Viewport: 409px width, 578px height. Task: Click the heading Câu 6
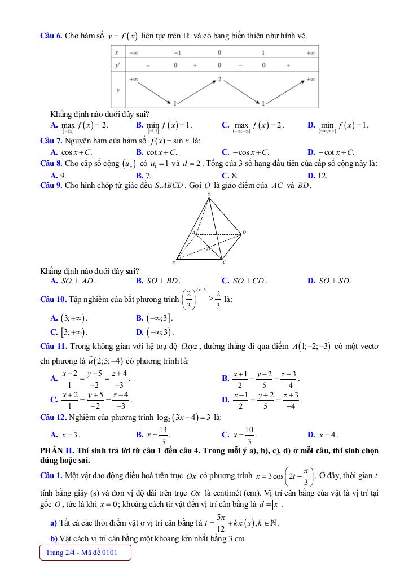click(x=51, y=36)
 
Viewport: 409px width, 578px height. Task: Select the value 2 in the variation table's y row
click(x=220, y=78)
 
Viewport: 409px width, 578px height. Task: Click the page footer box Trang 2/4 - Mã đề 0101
click(x=86, y=552)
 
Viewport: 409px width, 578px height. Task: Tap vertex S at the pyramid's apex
click(x=208, y=194)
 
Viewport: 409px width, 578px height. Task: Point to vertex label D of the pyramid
click(x=244, y=232)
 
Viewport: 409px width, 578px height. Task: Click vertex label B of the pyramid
click(x=173, y=262)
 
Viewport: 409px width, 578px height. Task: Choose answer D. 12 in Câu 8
click(x=317, y=176)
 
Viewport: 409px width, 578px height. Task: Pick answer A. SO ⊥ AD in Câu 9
click(x=73, y=280)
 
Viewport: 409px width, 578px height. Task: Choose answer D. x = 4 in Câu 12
click(x=323, y=435)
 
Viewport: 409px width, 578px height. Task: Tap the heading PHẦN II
click(x=58, y=450)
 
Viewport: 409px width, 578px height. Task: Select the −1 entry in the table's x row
click(x=177, y=52)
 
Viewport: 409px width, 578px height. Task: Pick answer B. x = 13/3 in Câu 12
click(x=153, y=435)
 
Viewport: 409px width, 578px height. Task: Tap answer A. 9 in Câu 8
click(x=58, y=176)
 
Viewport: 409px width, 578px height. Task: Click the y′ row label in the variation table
click(x=117, y=65)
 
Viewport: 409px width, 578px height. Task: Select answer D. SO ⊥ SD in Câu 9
click(x=329, y=280)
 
